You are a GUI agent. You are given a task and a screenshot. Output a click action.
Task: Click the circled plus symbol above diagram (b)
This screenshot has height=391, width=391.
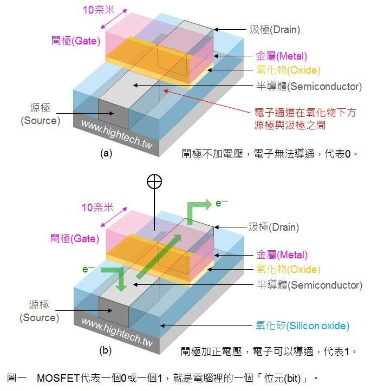pyautogui.click(x=154, y=181)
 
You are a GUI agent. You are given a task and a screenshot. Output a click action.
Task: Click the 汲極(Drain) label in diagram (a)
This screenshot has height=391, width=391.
pyautogui.click(x=274, y=30)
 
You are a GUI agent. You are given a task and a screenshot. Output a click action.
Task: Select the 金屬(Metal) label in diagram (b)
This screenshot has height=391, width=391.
pyautogui.click(x=282, y=255)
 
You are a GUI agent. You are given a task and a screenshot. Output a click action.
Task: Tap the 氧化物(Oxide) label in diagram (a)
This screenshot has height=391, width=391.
pyautogui.click(x=288, y=70)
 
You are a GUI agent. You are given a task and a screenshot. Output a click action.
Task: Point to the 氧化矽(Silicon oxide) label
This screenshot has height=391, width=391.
pyautogui.click(x=303, y=326)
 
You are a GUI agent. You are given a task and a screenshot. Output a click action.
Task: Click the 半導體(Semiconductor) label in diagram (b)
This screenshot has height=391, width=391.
pyautogui.click(x=309, y=285)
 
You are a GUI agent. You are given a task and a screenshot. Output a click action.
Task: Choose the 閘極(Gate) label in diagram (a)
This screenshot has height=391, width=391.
pyautogui.click(x=75, y=40)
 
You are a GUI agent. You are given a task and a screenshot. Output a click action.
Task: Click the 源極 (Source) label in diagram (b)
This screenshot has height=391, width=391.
pyautogui.click(x=40, y=311)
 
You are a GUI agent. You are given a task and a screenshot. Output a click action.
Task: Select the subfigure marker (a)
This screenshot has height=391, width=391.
pyautogui.click(x=106, y=153)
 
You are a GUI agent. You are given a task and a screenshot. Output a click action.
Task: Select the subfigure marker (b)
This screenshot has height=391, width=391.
pyautogui.click(x=106, y=350)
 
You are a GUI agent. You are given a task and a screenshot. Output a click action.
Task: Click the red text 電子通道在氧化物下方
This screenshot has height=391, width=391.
pyautogui.click(x=301, y=113)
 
